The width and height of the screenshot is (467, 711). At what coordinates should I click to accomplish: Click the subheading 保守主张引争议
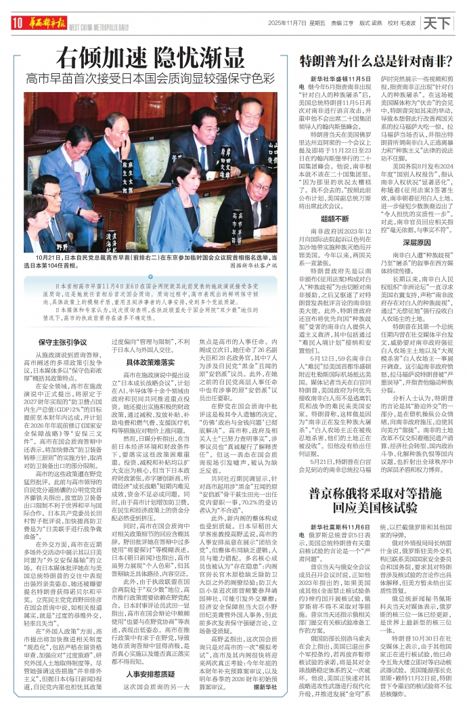click(x=62, y=343)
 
